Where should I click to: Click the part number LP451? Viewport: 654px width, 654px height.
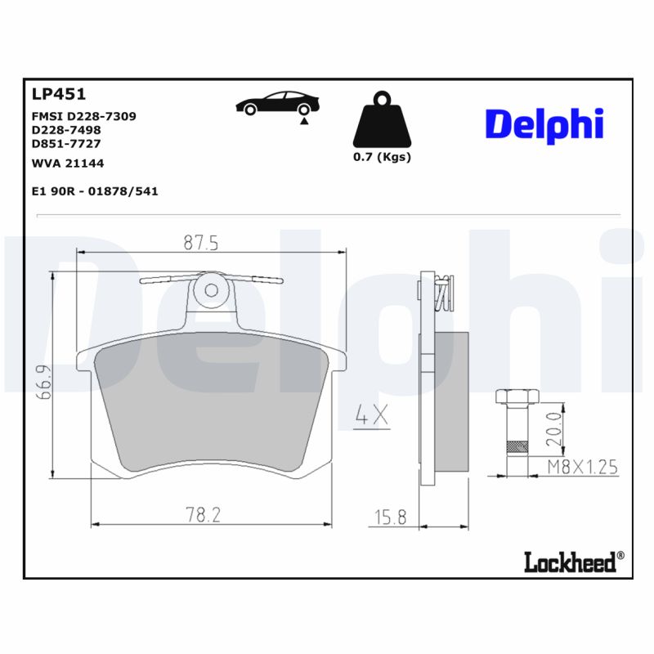click(58, 94)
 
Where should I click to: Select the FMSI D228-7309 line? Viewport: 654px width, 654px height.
click(83, 116)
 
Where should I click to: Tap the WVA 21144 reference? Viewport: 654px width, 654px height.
click(67, 163)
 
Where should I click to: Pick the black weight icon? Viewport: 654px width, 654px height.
click(382, 123)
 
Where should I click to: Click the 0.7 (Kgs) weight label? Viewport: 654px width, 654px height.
click(382, 157)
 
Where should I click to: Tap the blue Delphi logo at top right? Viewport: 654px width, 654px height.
click(544, 123)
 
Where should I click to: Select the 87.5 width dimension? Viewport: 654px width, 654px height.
click(200, 243)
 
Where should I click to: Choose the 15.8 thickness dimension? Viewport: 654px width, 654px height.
click(391, 517)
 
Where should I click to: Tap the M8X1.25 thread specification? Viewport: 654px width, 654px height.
click(582, 467)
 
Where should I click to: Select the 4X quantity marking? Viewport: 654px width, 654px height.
click(371, 416)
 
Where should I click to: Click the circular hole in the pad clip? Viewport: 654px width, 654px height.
click(212, 289)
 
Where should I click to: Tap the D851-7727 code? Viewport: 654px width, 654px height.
click(66, 143)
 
